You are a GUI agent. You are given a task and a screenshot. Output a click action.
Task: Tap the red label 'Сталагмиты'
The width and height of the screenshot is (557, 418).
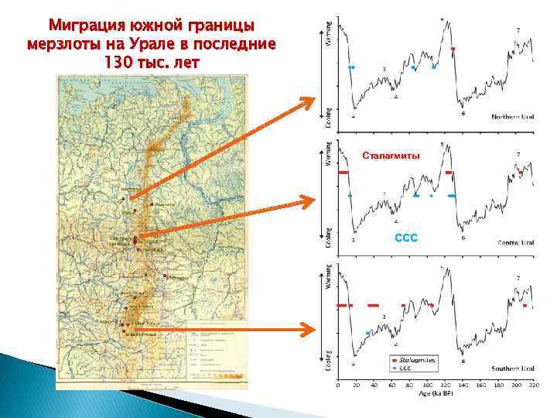[x=391, y=156]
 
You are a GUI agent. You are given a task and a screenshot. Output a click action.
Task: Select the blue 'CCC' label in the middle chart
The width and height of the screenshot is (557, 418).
[x=406, y=238]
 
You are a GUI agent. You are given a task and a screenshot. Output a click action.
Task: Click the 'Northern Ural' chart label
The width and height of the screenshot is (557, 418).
[x=513, y=117]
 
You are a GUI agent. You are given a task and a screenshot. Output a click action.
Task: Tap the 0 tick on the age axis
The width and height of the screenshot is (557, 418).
[x=337, y=384]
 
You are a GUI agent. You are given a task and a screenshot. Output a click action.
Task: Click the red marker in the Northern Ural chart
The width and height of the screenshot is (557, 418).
[x=453, y=49]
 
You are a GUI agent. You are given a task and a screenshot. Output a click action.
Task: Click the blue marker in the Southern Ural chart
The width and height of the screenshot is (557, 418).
[x=367, y=332]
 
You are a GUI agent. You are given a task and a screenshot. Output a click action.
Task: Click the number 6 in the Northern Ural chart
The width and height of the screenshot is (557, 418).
[x=463, y=114]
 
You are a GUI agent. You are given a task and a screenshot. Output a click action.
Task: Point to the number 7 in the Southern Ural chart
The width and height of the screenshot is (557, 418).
[x=518, y=278]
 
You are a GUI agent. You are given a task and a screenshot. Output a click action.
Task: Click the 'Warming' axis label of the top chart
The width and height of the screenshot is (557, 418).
[x=327, y=33]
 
